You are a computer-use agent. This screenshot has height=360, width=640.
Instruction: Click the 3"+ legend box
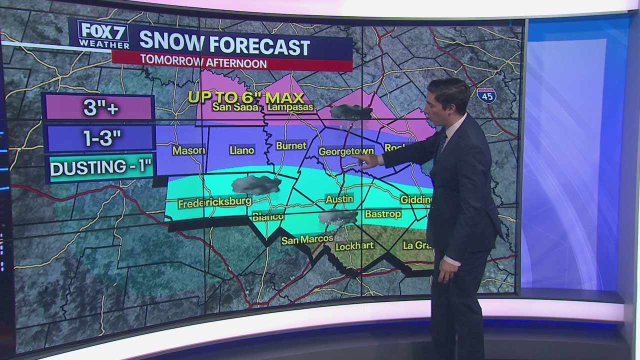pyautogui.click(x=99, y=107)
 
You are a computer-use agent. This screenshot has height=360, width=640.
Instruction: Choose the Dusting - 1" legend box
pyautogui.click(x=100, y=168)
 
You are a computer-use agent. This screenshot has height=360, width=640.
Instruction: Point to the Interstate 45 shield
pyautogui.click(x=486, y=95)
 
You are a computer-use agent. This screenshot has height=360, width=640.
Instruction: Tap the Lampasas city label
pyautogui.click(x=290, y=107)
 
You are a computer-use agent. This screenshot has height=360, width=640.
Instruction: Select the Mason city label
pyautogui.click(x=188, y=150)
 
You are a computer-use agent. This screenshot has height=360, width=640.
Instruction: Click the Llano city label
pyautogui.click(x=241, y=150)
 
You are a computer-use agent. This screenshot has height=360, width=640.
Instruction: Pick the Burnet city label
pyautogui.click(x=291, y=145)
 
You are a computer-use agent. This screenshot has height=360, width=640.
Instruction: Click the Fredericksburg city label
pyautogui.click(x=214, y=204)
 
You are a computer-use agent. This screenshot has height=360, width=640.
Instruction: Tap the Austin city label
pyautogui.click(x=339, y=199)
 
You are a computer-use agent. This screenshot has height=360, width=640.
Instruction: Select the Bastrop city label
pyautogui.click(x=383, y=214)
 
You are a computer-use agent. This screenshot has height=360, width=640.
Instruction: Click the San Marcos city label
pyautogui.click(x=307, y=239)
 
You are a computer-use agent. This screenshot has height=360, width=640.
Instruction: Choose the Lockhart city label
pyautogui.click(x=354, y=246)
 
